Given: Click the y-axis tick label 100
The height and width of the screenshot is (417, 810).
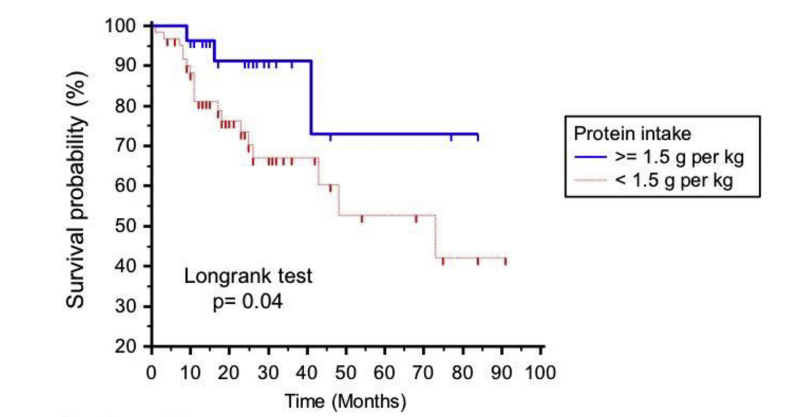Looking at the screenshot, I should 122,26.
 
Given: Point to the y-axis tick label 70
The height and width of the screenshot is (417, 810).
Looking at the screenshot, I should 127,146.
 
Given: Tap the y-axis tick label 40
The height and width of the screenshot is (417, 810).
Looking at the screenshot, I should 127,266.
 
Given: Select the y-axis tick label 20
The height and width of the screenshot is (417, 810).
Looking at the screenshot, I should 127,346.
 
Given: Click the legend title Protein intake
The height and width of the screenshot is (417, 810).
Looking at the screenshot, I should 632,134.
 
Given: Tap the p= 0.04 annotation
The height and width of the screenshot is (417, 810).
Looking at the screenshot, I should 248,301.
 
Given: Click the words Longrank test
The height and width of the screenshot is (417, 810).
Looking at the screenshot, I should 248,276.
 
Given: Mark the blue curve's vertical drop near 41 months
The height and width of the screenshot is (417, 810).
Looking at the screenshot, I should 311,98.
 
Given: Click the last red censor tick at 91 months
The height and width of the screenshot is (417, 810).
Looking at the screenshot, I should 505,262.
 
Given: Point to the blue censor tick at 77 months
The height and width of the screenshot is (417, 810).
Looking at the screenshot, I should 451,137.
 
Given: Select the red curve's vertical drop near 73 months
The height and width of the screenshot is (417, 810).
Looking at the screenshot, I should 436,236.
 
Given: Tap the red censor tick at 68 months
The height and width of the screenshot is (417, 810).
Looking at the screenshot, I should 416,219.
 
